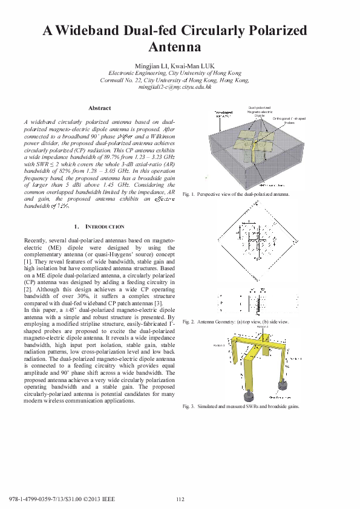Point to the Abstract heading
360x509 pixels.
point(100,108)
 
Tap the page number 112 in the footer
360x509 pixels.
point(180,499)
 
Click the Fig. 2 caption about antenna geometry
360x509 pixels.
point(235,322)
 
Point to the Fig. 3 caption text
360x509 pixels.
point(241,407)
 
